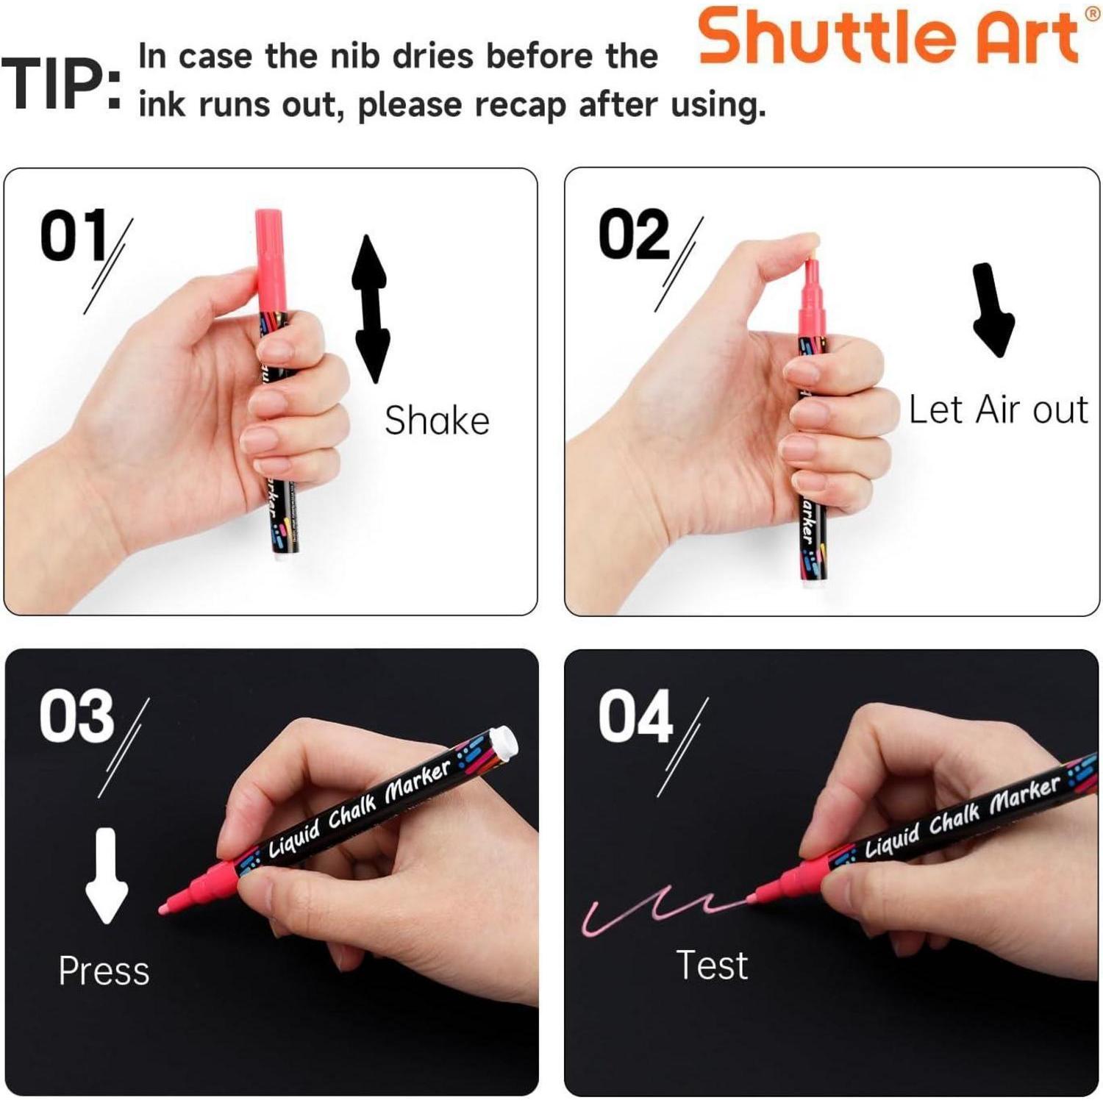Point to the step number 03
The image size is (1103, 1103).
pyautogui.click(x=76, y=715)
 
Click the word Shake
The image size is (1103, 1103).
pyautogui.click(x=437, y=421)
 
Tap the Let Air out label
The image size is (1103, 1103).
pyautogui.click(x=998, y=410)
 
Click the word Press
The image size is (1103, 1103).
pyautogui.click(x=104, y=971)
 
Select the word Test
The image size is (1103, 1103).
pyautogui.click(x=712, y=965)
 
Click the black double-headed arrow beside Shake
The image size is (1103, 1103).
pyautogui.click(x=371, y=309)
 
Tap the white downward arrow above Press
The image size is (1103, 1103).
pyautogui.click(x=107, y=875)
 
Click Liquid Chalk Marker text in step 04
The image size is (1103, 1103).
pyautogui.click(x=963, y=815)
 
